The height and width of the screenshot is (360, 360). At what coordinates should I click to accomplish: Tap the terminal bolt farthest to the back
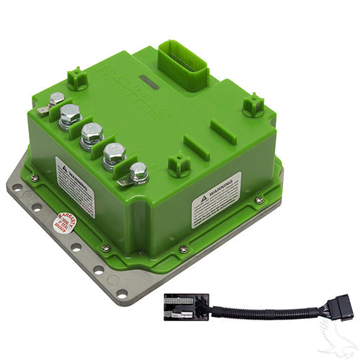[x=56, y=100]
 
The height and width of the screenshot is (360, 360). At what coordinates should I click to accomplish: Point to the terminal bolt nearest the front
[x=139, y=172]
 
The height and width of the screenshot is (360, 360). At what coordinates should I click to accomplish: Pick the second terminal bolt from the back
[x=71, y=113]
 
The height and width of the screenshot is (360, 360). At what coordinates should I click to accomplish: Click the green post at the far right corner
[x=253, y=105]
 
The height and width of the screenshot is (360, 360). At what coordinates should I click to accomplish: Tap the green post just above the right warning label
[x=179, y=165]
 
